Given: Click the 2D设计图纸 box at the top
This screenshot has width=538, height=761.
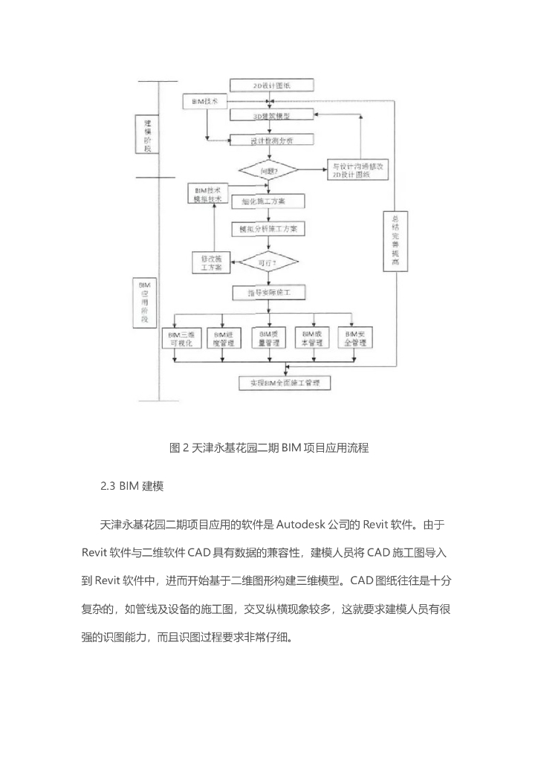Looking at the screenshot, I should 272,85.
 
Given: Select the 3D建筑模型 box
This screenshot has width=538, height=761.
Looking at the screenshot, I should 272,117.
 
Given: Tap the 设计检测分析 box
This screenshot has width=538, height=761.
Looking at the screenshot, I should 272,140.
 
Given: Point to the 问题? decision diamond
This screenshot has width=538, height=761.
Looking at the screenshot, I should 268,170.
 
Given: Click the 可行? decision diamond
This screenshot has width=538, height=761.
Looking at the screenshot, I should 268,263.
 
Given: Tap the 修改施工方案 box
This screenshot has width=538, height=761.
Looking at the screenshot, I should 212,262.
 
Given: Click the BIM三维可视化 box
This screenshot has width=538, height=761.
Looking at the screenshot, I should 180,339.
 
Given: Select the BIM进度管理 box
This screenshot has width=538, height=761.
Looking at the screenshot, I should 224,339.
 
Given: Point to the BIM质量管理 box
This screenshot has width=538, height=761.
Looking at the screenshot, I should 268,339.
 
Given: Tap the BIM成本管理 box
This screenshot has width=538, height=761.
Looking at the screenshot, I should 312,339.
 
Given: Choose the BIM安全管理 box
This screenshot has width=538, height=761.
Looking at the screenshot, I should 355,339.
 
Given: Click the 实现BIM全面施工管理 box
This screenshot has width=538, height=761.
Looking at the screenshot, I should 285,383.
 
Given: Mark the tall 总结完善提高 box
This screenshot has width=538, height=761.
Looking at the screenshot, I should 395,242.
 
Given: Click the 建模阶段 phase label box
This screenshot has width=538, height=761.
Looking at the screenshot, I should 148,134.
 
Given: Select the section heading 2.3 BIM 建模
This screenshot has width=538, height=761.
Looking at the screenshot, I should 132,487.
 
